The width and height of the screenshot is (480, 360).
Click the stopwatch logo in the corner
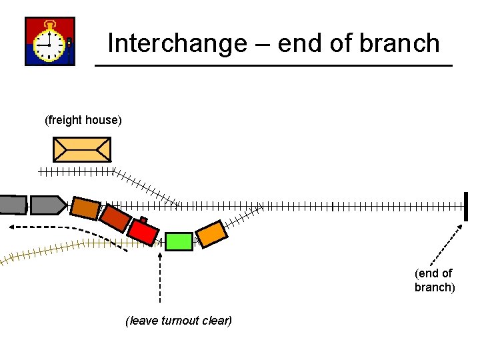coord(49,41)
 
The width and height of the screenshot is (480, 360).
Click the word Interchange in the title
coord(177,43)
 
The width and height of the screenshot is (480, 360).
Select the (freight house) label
coord(83,120)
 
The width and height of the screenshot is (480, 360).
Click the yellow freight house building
coord(81,149)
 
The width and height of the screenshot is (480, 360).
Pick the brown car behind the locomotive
coord(85,208)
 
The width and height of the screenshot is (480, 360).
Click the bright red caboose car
coord(142,231)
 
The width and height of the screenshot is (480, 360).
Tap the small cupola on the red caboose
coord(143,220)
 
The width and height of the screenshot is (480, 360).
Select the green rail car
coord(179,241)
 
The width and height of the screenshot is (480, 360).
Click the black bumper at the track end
coord(467,206)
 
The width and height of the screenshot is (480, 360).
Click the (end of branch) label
coord(434,280)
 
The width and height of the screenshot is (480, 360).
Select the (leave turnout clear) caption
coord(179,321)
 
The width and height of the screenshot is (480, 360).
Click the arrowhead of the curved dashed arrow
coord(13,227)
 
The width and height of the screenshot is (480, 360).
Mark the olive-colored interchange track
coord(53,249)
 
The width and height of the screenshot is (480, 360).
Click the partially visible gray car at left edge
coord(12,205)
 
